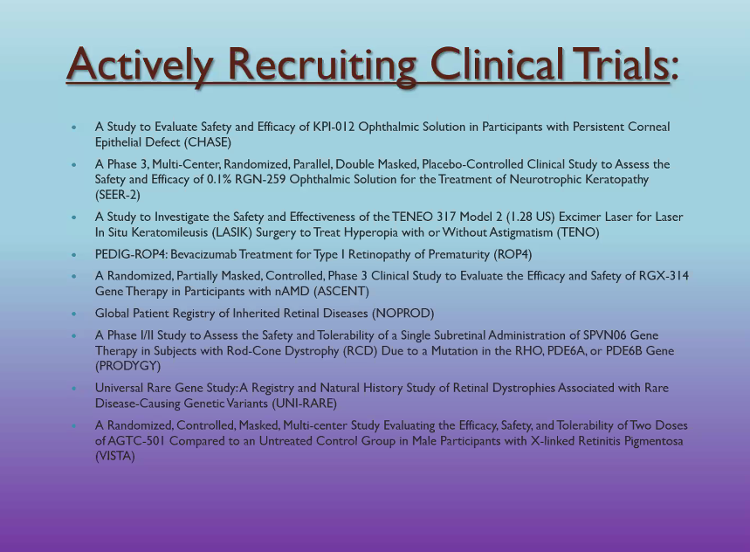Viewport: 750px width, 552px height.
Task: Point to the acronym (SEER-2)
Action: pos(118,195)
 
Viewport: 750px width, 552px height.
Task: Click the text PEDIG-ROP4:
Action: pos(131,254)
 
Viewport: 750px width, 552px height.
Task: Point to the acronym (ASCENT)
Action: pos(341,292)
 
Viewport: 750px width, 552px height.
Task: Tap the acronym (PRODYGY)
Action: pos(127,366)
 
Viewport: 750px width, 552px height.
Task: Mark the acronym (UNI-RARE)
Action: pos(304,404)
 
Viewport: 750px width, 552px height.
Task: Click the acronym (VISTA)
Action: pos(114,456)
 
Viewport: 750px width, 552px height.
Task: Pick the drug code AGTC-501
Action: pos(136,440)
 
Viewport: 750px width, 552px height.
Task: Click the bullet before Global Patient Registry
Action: pos(73,314)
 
